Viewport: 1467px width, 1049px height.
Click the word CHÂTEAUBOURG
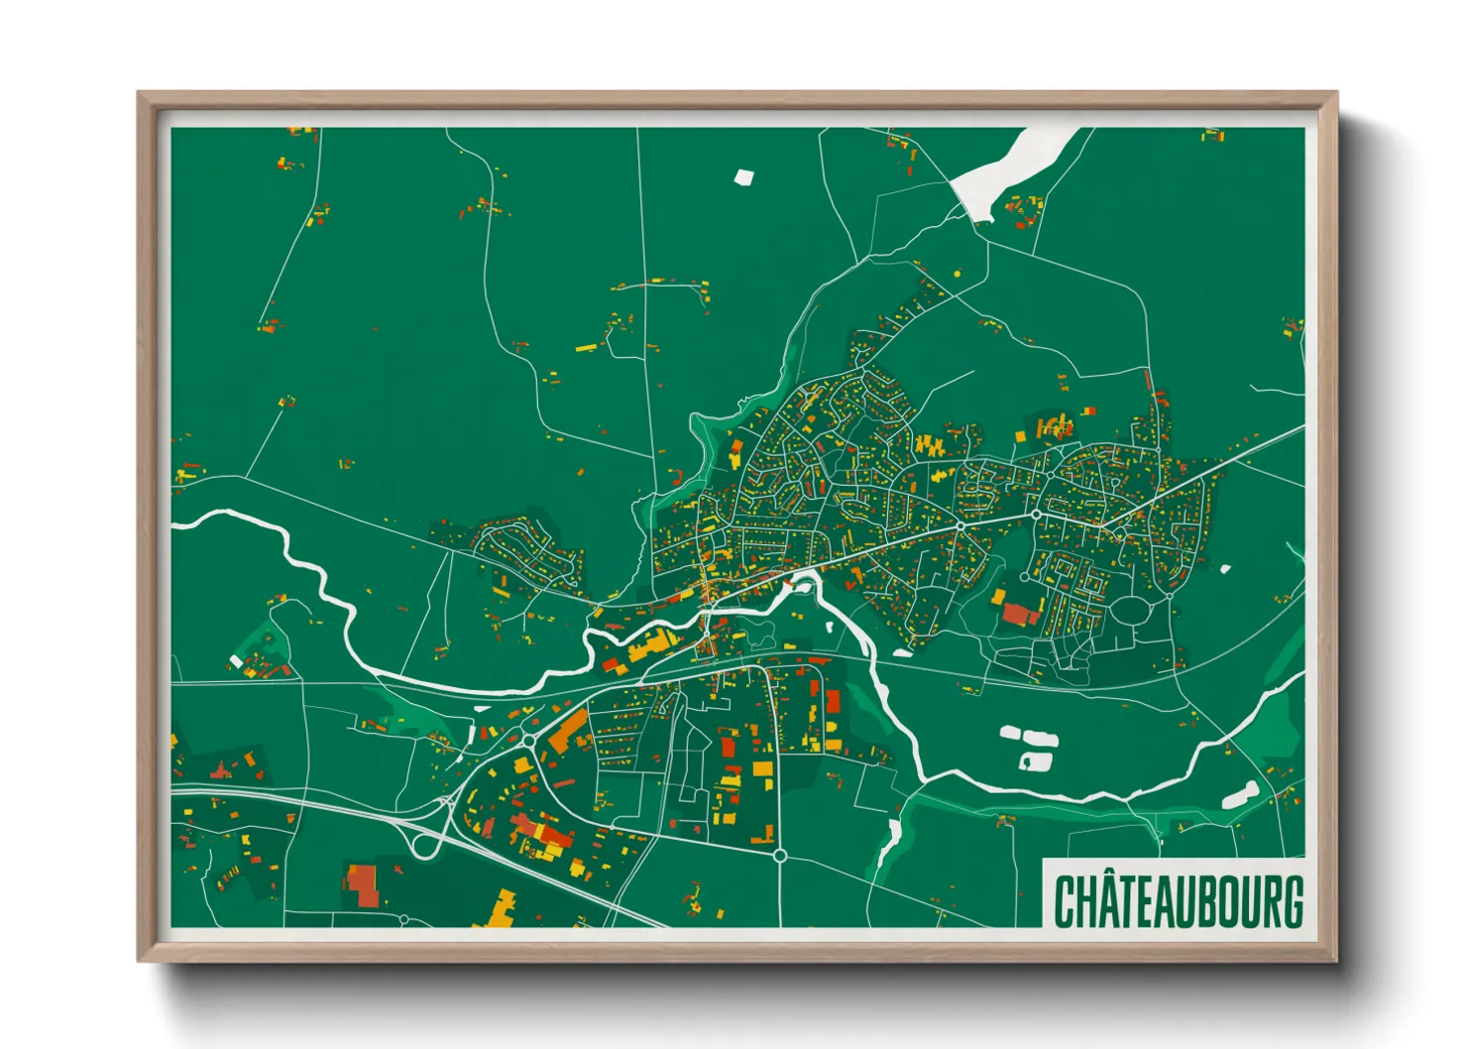[x=1178, y=900]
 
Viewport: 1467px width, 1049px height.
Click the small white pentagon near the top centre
[x=743, y=177]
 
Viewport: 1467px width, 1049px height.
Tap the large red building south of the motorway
[x=363, y=885]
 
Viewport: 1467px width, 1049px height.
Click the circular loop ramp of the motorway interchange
[x=426, y=846]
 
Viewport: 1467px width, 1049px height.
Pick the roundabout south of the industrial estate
[x=780, y=855]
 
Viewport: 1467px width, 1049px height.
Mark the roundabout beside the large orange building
[x=529, y=740]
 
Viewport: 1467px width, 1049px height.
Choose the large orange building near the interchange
[x=568, y=732]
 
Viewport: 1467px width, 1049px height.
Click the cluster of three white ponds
[x=1029, y=747]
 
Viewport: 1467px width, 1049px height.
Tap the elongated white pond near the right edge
[x=1240, y=794]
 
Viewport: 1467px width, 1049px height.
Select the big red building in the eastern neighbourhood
[x=1020, y=614]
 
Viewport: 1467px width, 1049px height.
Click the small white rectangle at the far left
[x=236, y=660]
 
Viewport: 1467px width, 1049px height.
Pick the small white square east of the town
[x=1225, y=569]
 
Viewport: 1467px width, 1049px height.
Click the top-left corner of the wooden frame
[x=141, y=95]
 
